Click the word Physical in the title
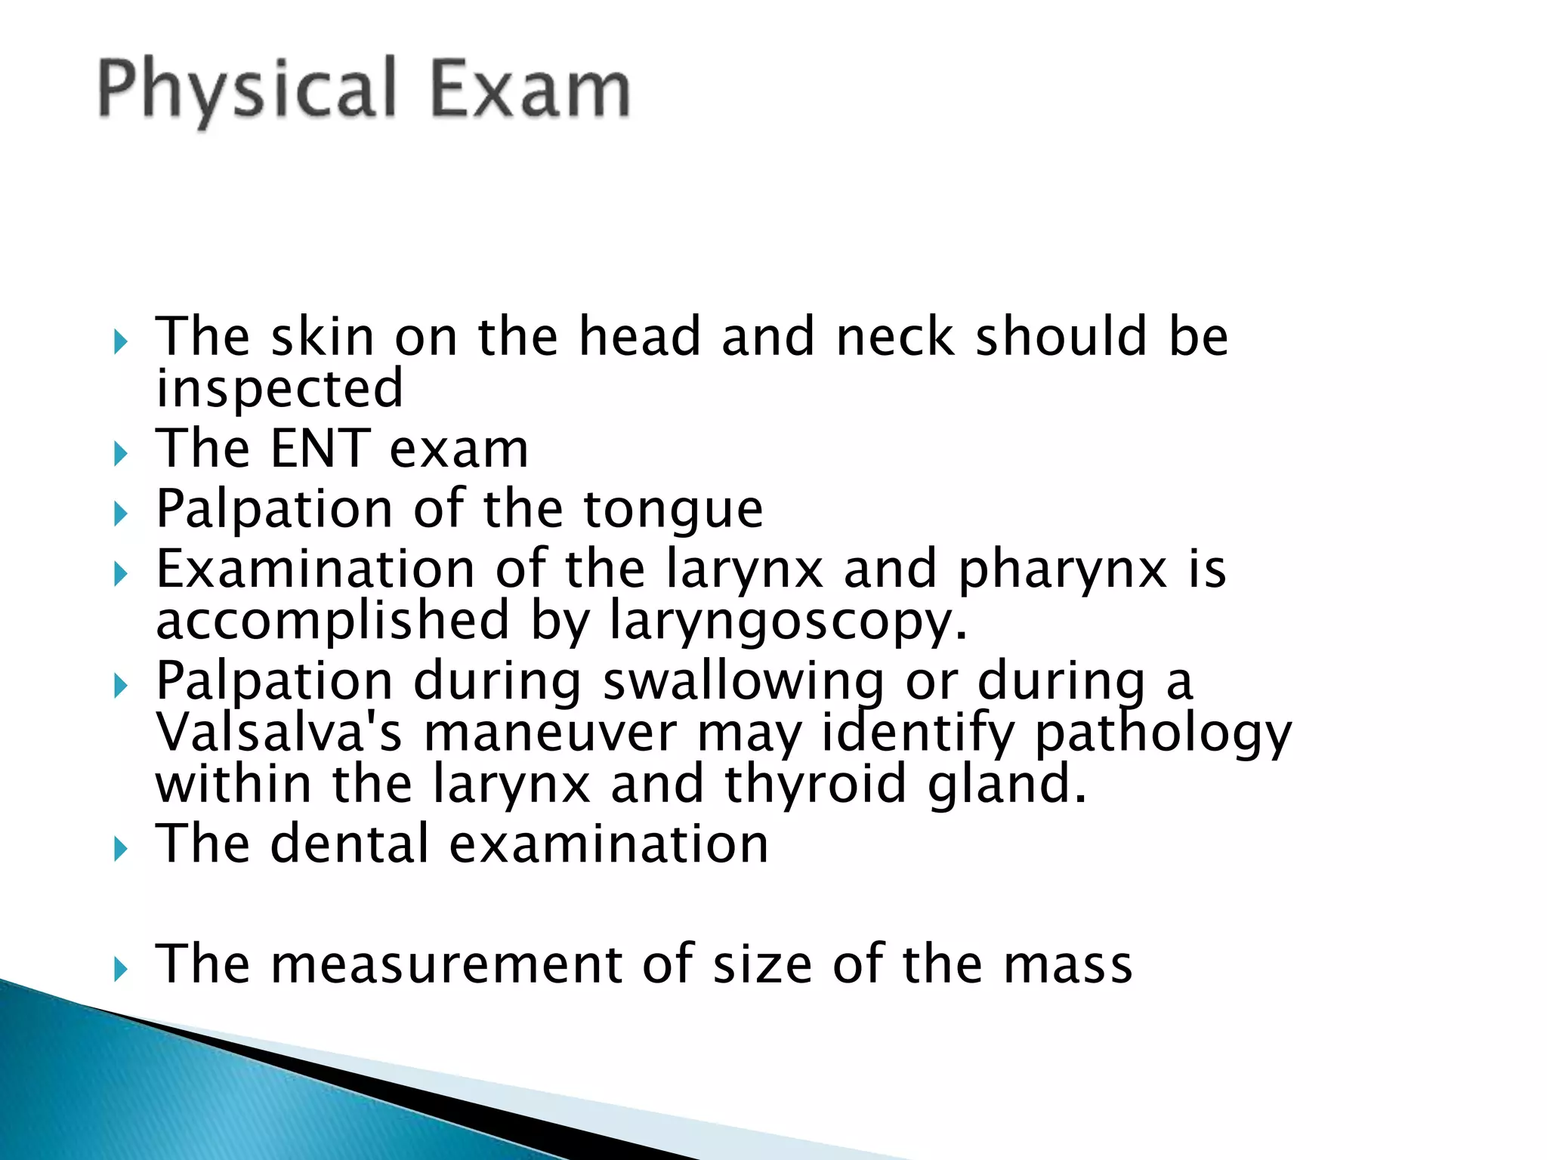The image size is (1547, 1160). point(246,91)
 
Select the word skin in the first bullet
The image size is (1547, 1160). point(323,337)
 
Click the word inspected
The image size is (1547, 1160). point(279,390)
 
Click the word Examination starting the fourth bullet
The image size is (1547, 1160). point(315,569)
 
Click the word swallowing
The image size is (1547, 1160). point(743,682)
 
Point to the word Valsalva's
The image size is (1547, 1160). point(279,733)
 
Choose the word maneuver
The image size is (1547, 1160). point(550,734)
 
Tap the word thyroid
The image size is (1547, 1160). point(815,785)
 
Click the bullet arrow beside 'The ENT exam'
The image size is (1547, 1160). point(120,454)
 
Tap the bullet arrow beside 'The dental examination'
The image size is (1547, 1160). point(120,850)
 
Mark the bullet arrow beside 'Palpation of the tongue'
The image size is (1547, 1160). point(120,514)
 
